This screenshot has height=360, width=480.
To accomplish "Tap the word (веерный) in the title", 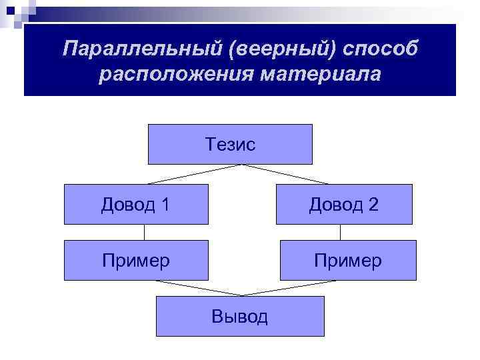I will pos(245,47).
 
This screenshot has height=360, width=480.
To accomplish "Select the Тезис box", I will pos(229,144).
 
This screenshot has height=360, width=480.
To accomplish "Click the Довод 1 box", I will pos(136,204).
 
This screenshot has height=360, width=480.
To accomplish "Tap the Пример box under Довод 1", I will pos(136,260).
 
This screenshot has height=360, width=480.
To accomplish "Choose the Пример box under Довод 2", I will pos(347,260).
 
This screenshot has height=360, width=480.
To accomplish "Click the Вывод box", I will pos(240,316).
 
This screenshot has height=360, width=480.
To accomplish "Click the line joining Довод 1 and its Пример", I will pos(144,232).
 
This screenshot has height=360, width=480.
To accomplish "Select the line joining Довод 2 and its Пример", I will pos(340,232).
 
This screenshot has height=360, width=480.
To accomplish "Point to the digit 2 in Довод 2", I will pos(373,204).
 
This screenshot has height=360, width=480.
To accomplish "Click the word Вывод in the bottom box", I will pos(240,316).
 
